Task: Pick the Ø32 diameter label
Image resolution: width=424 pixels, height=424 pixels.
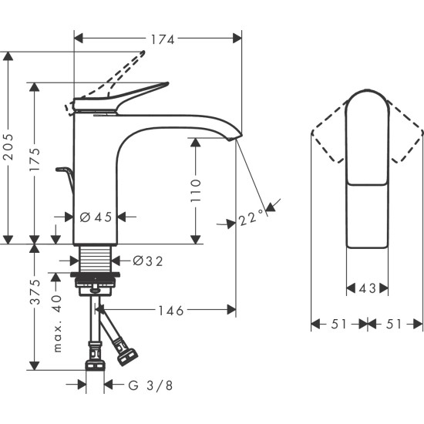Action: point(148,261)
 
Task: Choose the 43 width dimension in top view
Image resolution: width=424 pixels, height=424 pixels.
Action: point(368,289)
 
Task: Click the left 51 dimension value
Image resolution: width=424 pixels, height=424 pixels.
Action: point(339,325)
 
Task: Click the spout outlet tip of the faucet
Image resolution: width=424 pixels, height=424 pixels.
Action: point(234,136)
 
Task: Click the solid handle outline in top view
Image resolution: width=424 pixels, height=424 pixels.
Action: point(368,170)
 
